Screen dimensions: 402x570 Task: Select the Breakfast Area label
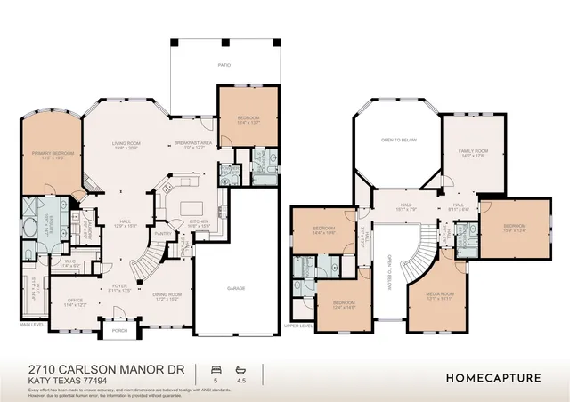[192, 143]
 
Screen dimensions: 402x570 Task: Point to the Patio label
[225, 65]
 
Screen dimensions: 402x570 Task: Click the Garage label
[235, 288]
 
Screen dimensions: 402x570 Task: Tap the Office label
[76, 301]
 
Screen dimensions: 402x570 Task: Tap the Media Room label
[441, 293]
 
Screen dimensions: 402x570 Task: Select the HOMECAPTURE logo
[493, 376]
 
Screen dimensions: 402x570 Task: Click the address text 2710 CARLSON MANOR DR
[85, 369]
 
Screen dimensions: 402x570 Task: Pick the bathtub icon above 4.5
[240, 367]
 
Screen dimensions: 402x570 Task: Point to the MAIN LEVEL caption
[32, 325]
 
